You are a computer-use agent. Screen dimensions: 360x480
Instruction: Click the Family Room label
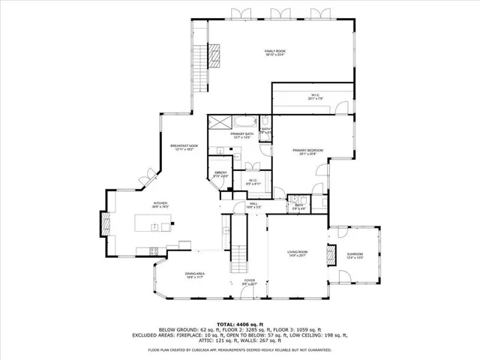(275, 52)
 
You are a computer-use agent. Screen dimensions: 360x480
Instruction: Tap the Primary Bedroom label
(308, 152)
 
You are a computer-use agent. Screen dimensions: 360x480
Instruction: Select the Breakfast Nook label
(184, 147)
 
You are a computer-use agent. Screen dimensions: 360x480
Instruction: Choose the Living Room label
(298, 254)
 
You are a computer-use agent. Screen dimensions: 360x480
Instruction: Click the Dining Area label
(196, 275)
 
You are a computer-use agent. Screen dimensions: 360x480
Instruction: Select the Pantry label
(220, 174)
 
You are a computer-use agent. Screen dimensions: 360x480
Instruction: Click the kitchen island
(154, 222)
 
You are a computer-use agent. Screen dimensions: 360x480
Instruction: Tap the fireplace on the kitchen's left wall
(105, 223)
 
